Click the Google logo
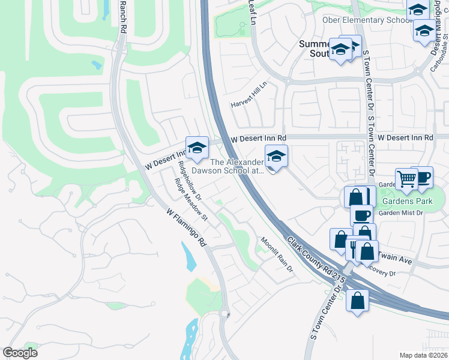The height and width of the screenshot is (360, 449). [20, 353]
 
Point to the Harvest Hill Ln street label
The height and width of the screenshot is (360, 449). [249, 95]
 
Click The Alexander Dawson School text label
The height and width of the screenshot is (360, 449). [236, 166]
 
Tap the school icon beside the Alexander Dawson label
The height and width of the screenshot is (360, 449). [276, 157]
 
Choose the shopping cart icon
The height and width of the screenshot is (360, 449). [407, 178]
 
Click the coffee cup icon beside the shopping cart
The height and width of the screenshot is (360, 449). [422, 176]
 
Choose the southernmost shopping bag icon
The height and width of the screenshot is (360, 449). [357, 301]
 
